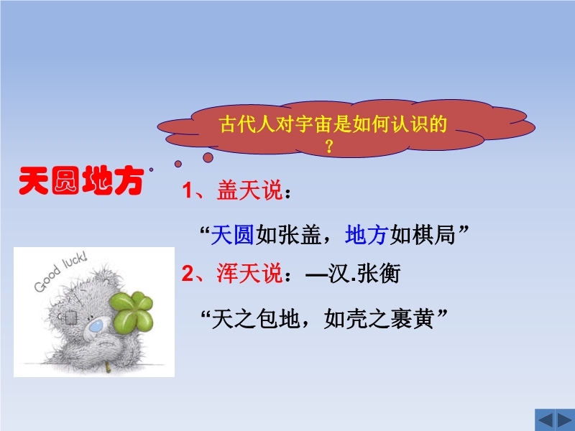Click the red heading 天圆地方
[x=81, y=180]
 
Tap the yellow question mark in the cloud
[x=329, y=147]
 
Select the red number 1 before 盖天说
[x=188, y=190]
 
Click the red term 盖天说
[x=249, y=190]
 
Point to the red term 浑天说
[x=249, y=274]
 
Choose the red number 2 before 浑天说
[x=188, y=274]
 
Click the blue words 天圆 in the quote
[x=232, y=235]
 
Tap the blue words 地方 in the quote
[x=367, y=235]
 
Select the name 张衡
[x=379, y=274]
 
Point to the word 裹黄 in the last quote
[x=413, y=318]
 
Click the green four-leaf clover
[x=132, y=311]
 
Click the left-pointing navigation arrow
[x=545, y=420]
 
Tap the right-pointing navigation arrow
[x=564, y=420]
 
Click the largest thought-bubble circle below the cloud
[x=208, y=157]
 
